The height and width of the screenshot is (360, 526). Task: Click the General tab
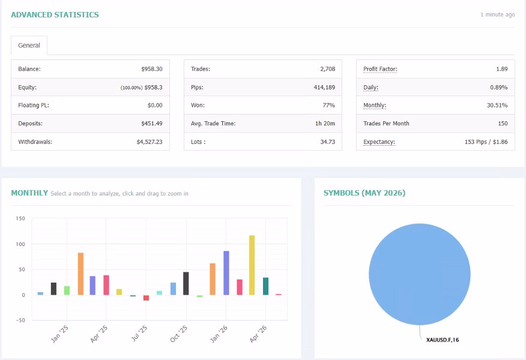(29, 45)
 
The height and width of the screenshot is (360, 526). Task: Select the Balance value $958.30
(152, 69)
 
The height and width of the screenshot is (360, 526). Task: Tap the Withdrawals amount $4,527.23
(150, 142)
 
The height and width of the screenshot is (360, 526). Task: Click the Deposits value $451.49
(152, 124)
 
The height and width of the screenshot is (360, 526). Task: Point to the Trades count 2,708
(327, 69)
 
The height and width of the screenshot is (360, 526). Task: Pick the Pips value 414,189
(324, 87)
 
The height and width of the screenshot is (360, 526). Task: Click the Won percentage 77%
(329, 105)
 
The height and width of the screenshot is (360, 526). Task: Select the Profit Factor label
(380, 69)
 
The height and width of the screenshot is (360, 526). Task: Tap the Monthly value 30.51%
(497, 105)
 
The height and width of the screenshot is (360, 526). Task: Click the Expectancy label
(379, 142)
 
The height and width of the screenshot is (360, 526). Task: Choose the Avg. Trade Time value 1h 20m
(325, 124)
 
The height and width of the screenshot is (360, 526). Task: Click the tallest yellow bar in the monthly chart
(252, 265)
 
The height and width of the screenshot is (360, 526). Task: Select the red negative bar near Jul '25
(147, 298)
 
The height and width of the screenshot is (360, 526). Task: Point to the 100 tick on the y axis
(20, 244)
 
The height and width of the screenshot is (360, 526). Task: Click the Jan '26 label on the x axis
(219, 334)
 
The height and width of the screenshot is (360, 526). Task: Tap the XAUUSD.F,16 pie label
(443, 340)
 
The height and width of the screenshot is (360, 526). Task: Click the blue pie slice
(419, 274)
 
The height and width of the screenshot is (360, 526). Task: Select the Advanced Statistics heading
(55, 15)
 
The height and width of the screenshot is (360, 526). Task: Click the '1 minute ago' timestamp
(498, 15)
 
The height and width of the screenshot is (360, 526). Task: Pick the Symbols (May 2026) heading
(364, 193)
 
